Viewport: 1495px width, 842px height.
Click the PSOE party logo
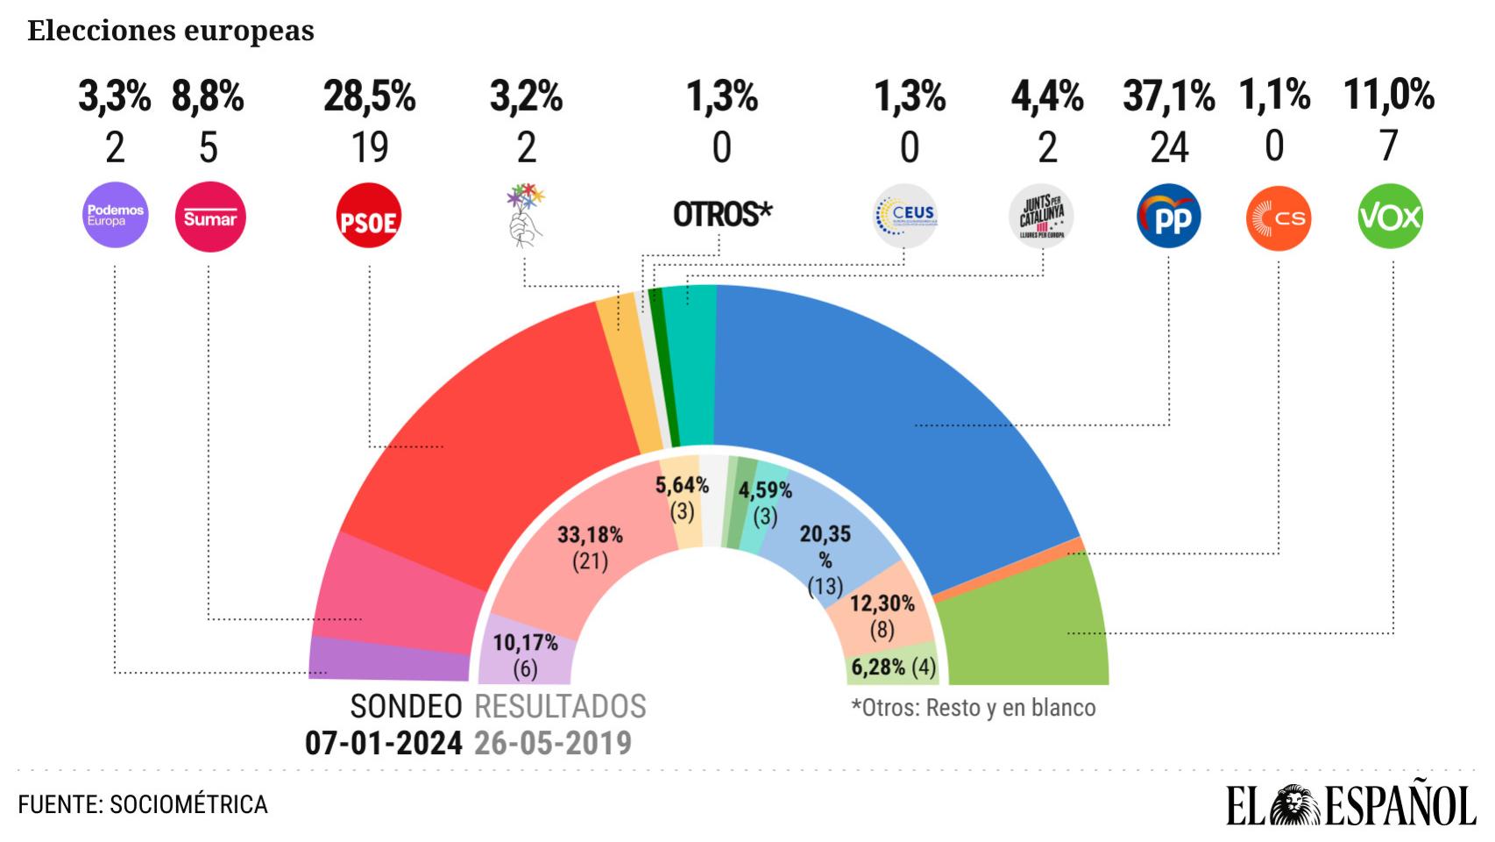[369, 217]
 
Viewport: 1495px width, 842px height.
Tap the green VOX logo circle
[1390, 217]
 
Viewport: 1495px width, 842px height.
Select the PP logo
[1169, 217]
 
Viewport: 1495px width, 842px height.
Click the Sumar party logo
[210, 217]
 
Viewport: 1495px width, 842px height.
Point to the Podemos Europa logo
[115, 215]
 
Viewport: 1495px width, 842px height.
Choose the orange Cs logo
[1279, 218]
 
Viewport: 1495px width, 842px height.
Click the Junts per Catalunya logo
[1042, 217]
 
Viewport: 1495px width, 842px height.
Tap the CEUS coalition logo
[906, 215]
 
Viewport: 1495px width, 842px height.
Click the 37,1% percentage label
[1168, 96]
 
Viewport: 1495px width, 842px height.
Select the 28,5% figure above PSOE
[369, 96]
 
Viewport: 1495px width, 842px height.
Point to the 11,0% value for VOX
[1389, 95]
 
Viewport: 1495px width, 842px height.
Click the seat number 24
[1169, 147]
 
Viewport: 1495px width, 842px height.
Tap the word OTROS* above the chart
[722, 214]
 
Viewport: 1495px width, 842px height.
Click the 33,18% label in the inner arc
[590, 535]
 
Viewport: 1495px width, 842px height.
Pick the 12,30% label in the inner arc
[882, 603]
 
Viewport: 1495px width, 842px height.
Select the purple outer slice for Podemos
[390, 659]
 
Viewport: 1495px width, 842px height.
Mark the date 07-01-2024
[383, 743]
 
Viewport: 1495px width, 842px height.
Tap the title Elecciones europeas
[171, 31]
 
